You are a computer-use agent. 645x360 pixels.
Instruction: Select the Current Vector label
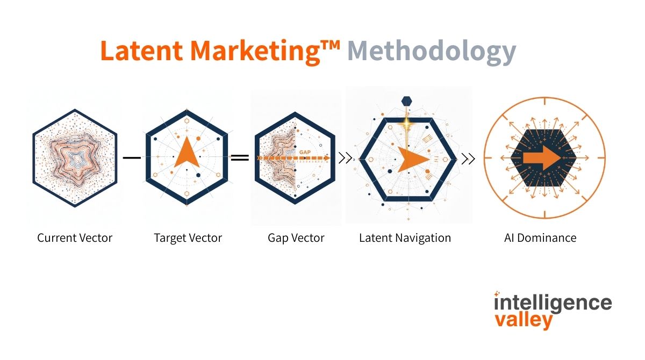click(x=75, y=237)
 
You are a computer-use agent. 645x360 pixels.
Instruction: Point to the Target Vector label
click(x=188, y=237)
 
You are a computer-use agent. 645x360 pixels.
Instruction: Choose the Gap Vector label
click(x=296, y=237)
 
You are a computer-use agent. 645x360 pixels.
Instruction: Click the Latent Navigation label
click(x=405, y=237)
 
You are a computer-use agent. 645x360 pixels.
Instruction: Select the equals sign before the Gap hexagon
click(x=240, y=158)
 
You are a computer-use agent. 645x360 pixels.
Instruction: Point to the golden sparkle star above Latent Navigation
click(x=407, y=124)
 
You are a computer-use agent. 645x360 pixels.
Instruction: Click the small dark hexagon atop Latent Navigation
click(x=407, y=100)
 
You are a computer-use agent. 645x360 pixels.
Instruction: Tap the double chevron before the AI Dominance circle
click(x=469, y=158)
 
